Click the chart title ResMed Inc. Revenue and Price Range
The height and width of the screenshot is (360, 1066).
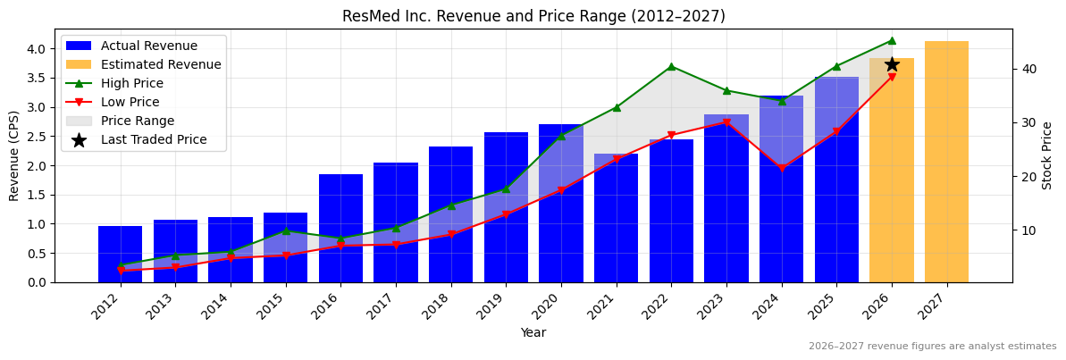[x=533, y=16]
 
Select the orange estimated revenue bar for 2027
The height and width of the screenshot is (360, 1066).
[x=946, y=161]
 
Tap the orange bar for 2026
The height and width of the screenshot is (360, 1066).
[x=891, y=179]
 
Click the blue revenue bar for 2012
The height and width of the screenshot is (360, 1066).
[x=120, y=254]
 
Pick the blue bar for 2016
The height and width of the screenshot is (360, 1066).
[x=340, y=228]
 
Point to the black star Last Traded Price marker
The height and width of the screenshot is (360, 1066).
[x=892, y=64]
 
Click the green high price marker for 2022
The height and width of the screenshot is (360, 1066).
[x=671, y=66]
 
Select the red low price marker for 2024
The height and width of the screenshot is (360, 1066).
[x=782, y=168]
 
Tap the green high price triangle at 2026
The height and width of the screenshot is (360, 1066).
[x=892, y=40]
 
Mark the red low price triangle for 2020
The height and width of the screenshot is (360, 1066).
[x=561, y=190]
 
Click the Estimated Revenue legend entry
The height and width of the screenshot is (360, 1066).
[x=161, y=64]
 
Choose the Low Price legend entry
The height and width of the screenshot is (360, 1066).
[x=130, y=102]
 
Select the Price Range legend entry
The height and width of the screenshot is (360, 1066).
[x=138, y=121]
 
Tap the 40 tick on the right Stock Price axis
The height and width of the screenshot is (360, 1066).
[x=1028, y=69]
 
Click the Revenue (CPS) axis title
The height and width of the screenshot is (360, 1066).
[x=14, y=155]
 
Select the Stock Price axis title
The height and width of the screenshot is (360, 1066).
[x=1048, y=155]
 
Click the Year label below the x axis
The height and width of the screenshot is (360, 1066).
[x=533, y=332]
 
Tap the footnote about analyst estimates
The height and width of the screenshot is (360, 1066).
[x=932, y=347]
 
